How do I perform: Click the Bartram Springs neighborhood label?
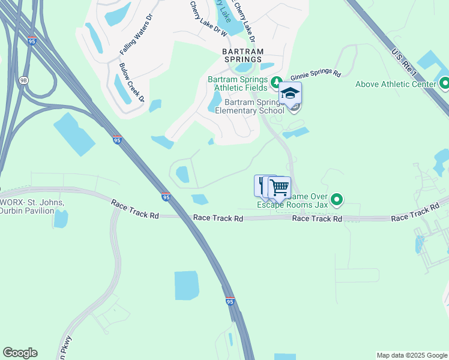(x=242, y=55)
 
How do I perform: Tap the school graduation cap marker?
(x=291, y=95)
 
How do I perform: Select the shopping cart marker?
(x=280, y=187)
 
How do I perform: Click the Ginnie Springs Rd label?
(x=316, y=76)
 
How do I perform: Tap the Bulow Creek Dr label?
(x=132, y=82)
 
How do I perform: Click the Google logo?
(x=20, y=353)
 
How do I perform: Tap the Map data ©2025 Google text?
(x=411, y=355)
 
